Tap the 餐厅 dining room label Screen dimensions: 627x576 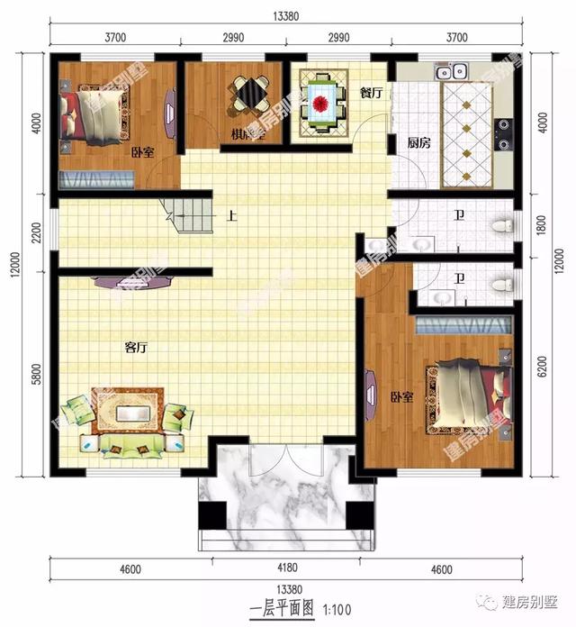tap(371, 92)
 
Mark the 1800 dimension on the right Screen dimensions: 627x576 tap(540, 224)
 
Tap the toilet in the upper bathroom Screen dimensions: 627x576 tap(502, 221)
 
